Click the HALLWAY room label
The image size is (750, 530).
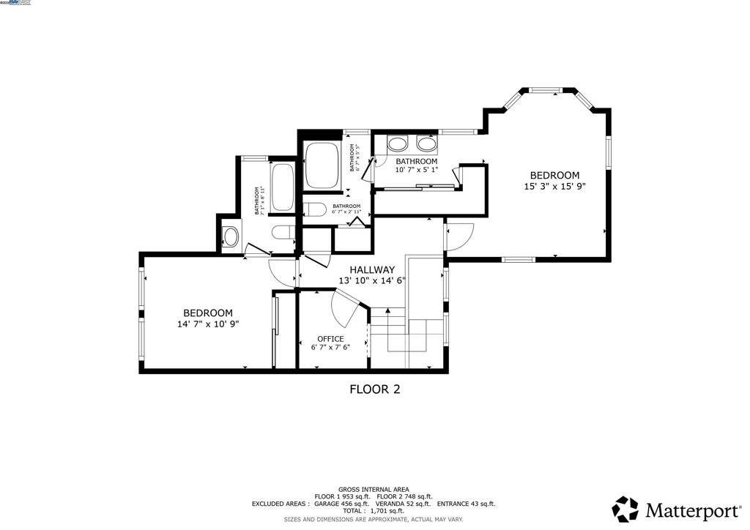point(372,269)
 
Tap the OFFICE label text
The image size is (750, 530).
point(330,339)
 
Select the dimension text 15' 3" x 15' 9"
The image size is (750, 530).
point(554,186)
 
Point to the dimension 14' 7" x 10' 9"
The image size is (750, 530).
point(208,324)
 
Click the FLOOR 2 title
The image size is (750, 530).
point(374,389)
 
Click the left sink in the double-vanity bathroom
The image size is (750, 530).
point(398,143)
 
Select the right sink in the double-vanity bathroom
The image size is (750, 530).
point(426,143)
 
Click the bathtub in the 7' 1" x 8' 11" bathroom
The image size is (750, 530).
point(282,187)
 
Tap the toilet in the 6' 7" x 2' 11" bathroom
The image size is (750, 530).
point(315,210)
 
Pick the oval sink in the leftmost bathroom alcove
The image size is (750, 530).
point(230,236)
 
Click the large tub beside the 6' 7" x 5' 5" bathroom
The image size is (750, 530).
point(321,165)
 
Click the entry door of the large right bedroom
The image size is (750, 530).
point(460,236)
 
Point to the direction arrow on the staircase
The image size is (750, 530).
point(387,312)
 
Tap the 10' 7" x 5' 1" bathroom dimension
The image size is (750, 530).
point(417,170)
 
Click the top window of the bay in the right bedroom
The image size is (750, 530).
point(546,90)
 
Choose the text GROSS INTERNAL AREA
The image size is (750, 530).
point(374,489)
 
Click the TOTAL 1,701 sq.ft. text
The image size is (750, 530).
point(374,511)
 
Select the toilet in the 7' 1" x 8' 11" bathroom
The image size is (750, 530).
point(282,232)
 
